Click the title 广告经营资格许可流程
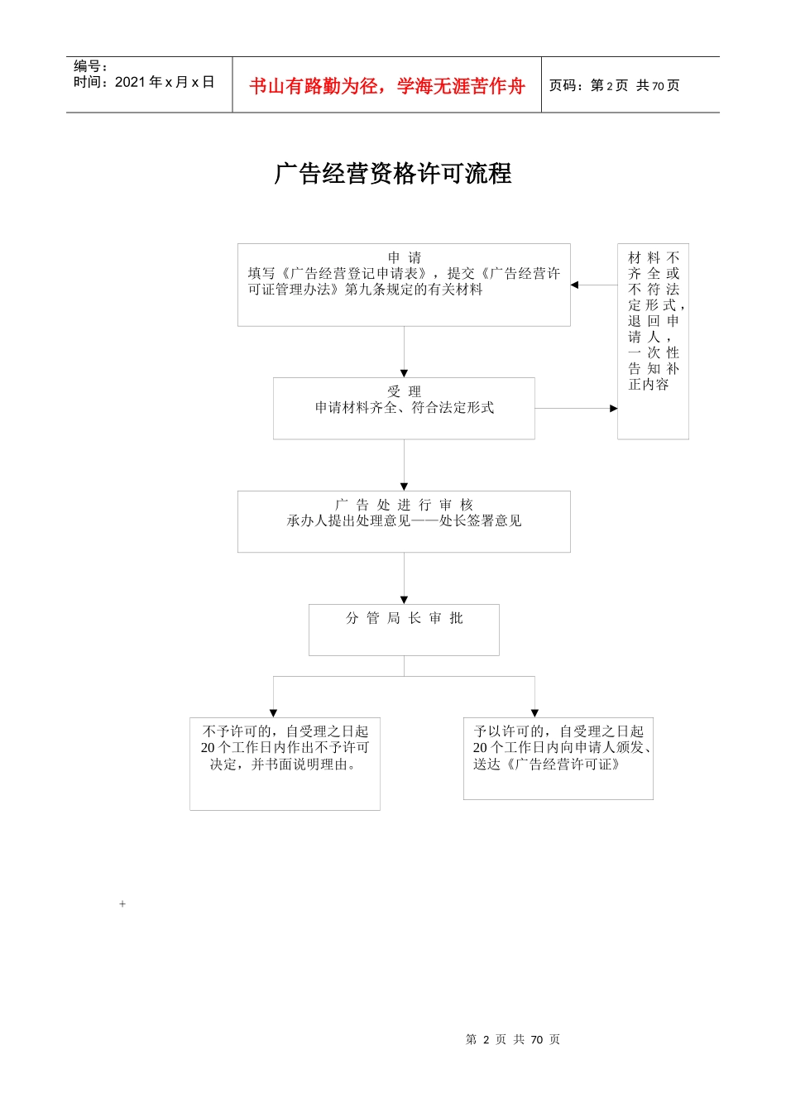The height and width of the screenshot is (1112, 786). click(x=393, y=174)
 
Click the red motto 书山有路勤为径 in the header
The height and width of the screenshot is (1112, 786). click(x=387, y=86)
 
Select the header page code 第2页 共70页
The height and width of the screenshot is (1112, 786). click(x=615, y=86)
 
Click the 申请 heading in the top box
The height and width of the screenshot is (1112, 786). click(x=405, y=257)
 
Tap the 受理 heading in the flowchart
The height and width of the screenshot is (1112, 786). click(x=405, y=391)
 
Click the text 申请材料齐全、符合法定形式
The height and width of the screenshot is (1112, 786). click(x=405, y=407)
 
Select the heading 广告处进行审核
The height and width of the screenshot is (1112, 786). click(x=405, y=505)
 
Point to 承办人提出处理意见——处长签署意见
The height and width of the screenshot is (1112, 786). click(x=405, y=520)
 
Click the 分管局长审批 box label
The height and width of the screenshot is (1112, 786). click(x=405, y=618)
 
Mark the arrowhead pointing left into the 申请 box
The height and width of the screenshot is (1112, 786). click(x=574, y=285)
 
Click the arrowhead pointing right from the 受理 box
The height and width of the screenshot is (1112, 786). click(x=613, y=408)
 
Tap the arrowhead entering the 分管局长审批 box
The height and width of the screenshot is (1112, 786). click(x=405, y=600)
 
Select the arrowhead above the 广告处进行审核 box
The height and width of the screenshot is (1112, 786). click(x=405, y=486)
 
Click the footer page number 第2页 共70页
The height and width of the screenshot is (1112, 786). click(x=513, y=1039)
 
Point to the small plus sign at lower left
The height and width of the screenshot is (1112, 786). click(x=122, y=904)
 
